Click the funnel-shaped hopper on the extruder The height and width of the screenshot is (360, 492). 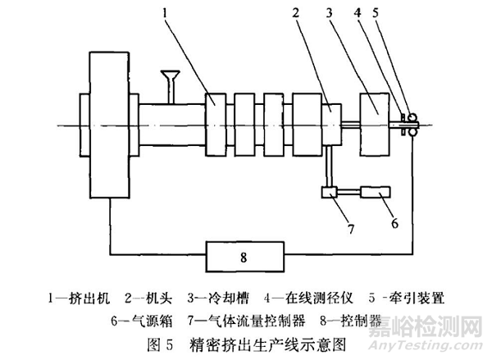click(173, 80)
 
